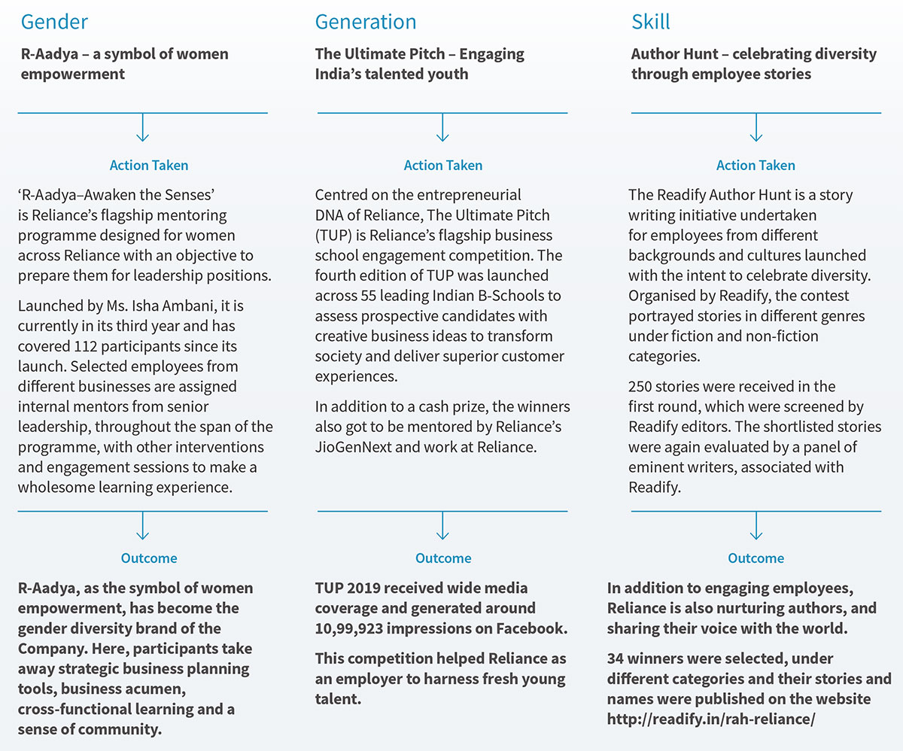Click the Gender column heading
(x=55, y=21)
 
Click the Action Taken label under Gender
(x=149, y=166)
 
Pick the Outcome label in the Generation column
(x=443, y=558)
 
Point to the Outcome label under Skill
(x=756, y=558)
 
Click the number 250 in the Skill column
(x=641, y=387)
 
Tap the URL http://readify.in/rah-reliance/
(x=711, y=719)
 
